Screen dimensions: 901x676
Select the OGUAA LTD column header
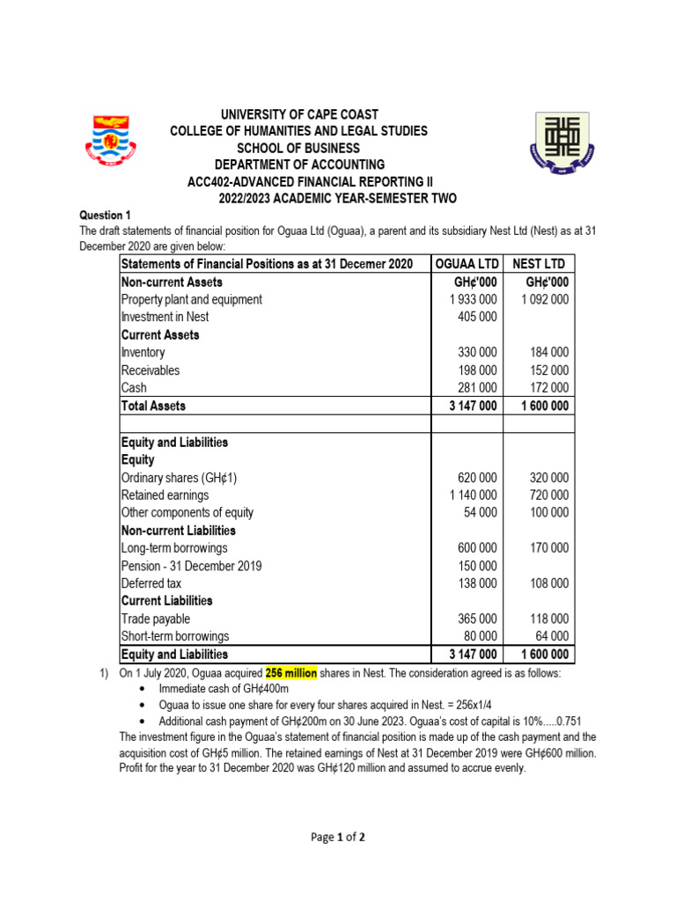(467, 265)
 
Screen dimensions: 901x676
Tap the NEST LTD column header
(539, 265)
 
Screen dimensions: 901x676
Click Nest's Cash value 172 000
(547, 388)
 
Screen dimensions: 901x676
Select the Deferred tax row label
(151, 583)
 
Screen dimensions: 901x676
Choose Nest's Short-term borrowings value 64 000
(552, 636)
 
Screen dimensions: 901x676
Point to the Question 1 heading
(105, 215)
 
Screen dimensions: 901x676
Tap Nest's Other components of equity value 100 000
(547, 512)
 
